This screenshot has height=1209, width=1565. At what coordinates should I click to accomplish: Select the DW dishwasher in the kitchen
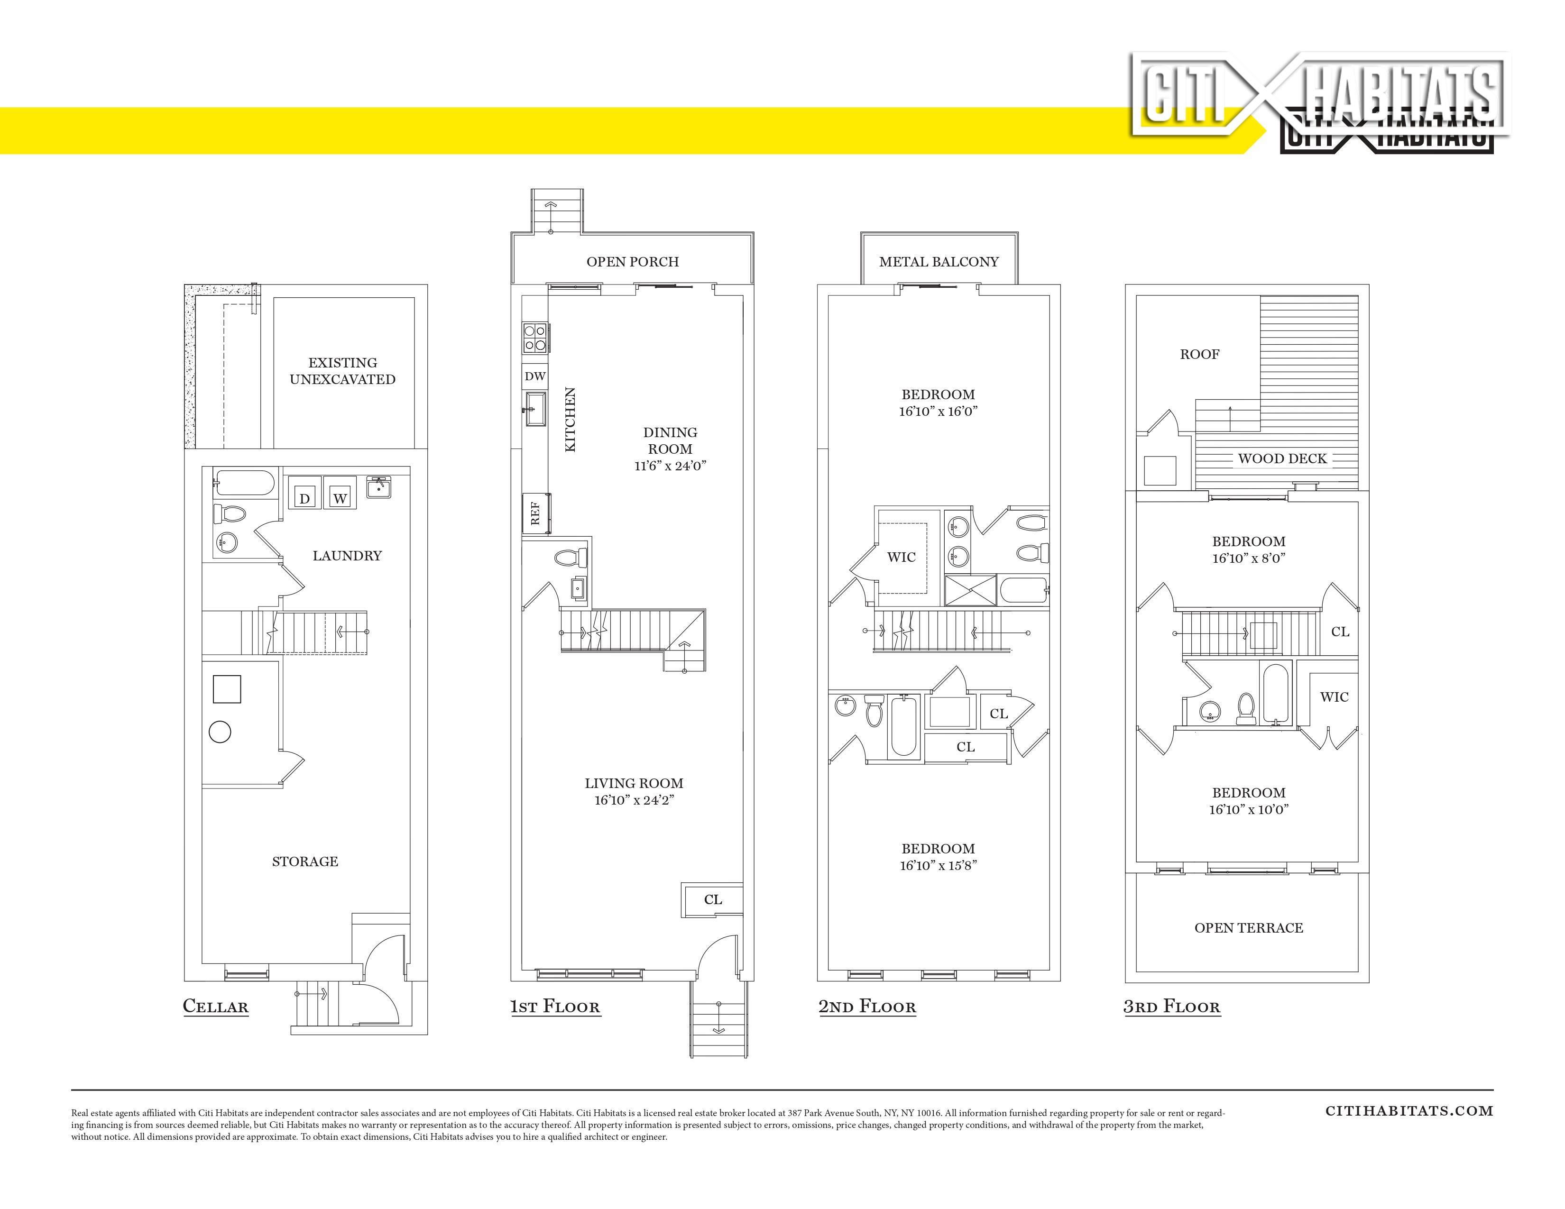tap(534, 376)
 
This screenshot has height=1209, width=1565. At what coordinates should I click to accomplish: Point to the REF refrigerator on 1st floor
tap(534, 513)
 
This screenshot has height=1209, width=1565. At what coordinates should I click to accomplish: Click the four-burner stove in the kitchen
tap(534, 338)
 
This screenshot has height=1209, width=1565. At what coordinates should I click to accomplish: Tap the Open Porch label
tap(633, 261)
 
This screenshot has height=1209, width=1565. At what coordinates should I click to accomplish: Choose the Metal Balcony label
tap(939, 261)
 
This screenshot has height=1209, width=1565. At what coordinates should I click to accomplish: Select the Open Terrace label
tap(1248, 927)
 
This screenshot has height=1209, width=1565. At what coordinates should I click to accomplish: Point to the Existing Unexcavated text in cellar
tap(342, 371)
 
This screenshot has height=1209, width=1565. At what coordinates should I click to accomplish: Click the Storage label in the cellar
tap(304, 861)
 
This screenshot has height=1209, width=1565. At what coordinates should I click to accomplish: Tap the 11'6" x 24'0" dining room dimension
tap(670, 466)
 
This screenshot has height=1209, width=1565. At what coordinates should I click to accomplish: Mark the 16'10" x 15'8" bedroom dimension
tap(938, 865)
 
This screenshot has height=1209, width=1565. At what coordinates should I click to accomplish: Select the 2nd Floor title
tap(867, 1006)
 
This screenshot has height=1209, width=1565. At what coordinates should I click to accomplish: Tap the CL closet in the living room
tap(712, 899)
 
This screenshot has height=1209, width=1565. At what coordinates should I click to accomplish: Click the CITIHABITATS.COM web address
tap(1409, 1111)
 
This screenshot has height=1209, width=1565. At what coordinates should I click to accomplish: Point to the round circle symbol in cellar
tap(220, 732)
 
